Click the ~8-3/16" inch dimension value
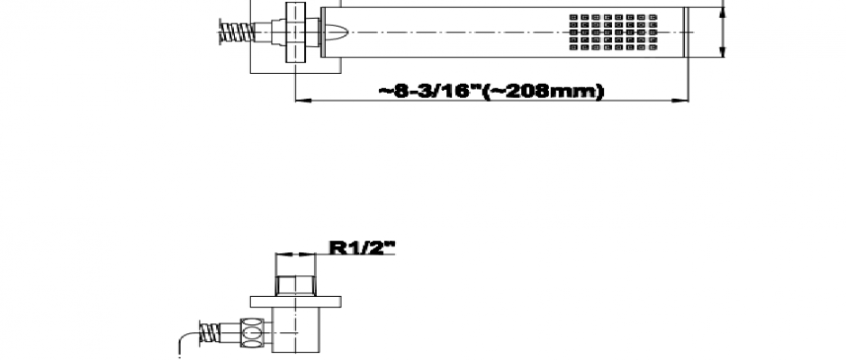pos(429,91)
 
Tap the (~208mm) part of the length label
pos(542,91)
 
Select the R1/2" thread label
pos(362,247)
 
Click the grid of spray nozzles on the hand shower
pos(614,32)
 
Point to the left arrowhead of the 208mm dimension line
pos(301,101)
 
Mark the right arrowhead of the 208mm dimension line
pos(681,101)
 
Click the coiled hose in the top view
pos(237,31)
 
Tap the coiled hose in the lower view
pos(210,333)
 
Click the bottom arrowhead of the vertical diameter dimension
pos(722,51)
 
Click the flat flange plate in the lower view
pos(296,301)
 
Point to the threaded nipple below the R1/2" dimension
pos(295,286)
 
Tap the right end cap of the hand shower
pos(686,31)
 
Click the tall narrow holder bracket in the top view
pos(295,31)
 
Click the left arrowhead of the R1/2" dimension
pos(281,253)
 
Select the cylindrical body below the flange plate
pos(295,330)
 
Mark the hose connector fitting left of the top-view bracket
pos(270,32)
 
